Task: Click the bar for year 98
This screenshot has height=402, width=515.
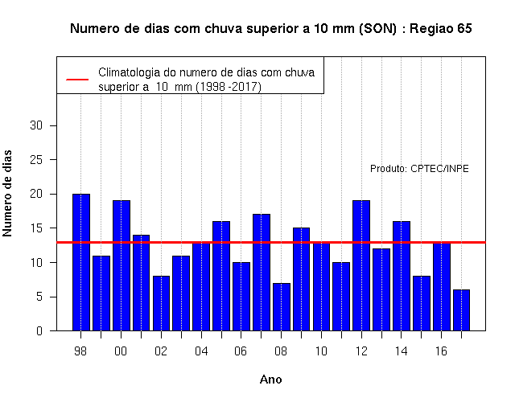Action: pos(81,262)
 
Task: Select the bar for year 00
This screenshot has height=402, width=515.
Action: pos(122,265)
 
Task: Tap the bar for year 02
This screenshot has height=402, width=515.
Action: pos(161,303)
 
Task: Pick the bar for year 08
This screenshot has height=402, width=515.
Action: pos(282,307)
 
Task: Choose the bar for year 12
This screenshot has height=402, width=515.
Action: pos(361,265)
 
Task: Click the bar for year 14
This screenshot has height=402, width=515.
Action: pos(402,276)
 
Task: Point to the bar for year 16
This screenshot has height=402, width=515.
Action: pos(442,286)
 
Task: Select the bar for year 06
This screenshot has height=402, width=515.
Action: pos(241,297)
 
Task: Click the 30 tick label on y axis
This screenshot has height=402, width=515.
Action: pos(36,125)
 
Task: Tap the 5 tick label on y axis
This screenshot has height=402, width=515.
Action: pos(39,297)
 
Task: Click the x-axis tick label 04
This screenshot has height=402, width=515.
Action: pos(201,351)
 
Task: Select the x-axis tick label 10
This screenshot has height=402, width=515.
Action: pos(321,351)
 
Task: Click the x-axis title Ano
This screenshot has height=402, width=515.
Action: pos(270,379)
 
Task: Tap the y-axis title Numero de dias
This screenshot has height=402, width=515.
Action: pos(7,194)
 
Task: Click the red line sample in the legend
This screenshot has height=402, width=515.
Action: pos(77,80)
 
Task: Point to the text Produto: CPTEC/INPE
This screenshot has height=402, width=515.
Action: pos(419,169)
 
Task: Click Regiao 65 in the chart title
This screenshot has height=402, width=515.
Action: pos(440,29)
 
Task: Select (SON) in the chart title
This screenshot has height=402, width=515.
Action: pos(377,29)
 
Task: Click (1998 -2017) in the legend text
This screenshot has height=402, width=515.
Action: pos(229,87)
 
